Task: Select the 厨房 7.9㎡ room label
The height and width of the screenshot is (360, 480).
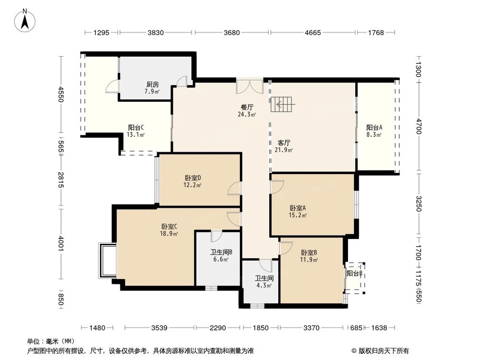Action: [153, 88]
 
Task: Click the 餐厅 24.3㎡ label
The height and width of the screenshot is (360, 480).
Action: [247, 111]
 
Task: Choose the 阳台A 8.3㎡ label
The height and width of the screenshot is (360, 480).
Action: [374, 131]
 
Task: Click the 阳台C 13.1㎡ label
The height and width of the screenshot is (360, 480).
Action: [136, 131]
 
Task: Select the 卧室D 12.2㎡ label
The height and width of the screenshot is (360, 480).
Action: [192, 180]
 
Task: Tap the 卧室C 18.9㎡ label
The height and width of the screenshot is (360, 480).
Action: [169, 230]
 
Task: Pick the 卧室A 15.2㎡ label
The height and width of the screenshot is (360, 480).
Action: [298, 212]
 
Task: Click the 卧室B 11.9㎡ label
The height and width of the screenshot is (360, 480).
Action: [309, 256]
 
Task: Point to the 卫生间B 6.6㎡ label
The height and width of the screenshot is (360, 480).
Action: [221, 255]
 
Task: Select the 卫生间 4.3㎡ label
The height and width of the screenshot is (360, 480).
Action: [264, 281]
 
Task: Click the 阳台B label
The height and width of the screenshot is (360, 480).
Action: [354, 273]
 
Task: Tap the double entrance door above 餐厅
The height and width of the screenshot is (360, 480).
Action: [250, 86]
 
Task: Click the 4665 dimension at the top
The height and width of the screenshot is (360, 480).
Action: [312, 33]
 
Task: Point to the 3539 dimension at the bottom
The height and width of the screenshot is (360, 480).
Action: [159, 328]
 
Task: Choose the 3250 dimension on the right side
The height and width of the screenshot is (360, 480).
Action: [419, 204]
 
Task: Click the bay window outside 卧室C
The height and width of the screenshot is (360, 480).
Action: [107, 261]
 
